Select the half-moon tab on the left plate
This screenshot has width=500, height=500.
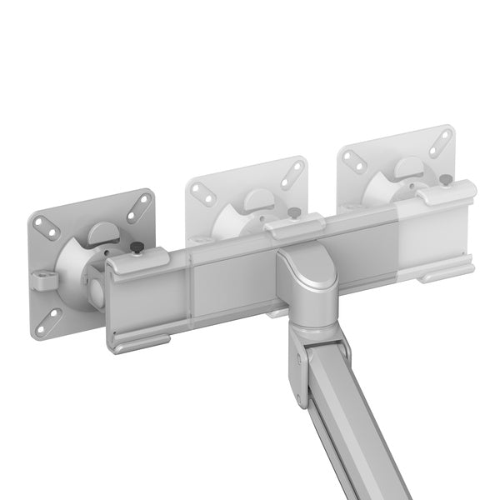102,230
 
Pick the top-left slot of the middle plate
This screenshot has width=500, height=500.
200,188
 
